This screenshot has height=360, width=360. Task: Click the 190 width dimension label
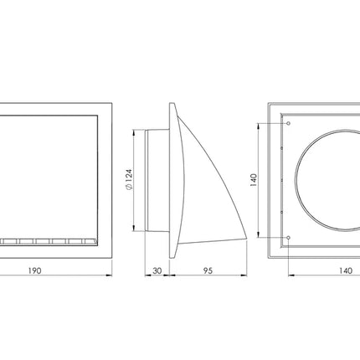click(x=34, y=270)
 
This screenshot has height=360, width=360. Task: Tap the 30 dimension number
click(x=157, y=270)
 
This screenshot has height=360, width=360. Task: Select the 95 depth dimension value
click(x=208, y=270)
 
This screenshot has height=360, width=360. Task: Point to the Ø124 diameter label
click(x=129, y=179)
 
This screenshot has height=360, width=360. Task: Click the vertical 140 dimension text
click(x=254, y=180)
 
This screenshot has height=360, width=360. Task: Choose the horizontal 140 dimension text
click(x=346, y=270)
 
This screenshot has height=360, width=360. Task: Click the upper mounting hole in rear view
click(x=289, y=123)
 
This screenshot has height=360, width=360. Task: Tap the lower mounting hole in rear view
click(x=289, y=238)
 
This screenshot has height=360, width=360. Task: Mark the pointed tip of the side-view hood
click(x=247, y=239)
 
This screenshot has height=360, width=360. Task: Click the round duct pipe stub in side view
click(x=157, y=180)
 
